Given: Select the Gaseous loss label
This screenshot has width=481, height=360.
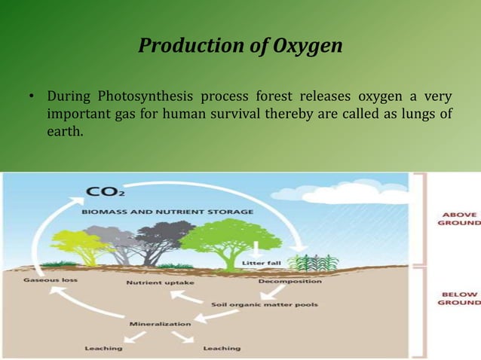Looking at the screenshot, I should (x=48, y=279).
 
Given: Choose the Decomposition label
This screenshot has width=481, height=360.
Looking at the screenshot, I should (x=290, y=281).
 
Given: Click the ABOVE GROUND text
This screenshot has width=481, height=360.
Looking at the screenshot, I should (x=458, y=218).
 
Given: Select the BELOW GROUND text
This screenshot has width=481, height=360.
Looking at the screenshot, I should (x=458, y=297).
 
